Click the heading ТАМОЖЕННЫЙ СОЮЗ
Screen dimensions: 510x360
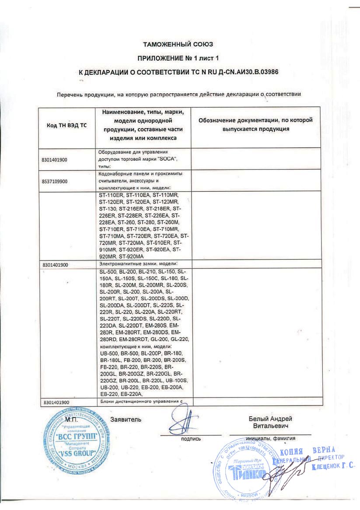(178, 45)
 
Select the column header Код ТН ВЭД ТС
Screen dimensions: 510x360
(66, 126)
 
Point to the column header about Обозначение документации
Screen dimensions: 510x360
(255, 125)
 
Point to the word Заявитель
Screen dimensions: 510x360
(126, 419)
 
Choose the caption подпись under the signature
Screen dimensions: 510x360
(191, 438)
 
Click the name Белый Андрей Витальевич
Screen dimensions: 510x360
(270, 422)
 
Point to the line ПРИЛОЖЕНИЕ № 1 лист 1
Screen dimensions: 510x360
(178, 58)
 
